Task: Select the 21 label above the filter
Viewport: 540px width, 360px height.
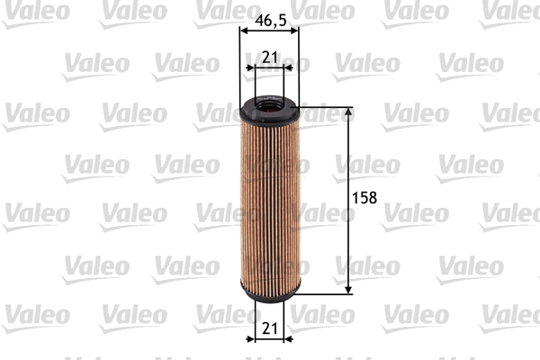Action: coord(269,58)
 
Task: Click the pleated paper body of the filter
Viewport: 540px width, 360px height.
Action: coord(269,202)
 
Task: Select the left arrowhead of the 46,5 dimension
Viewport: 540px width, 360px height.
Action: coord(244,30)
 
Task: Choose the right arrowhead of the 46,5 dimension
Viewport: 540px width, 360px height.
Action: coord(294,30)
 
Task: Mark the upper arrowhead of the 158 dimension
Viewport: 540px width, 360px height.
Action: coord(348,117)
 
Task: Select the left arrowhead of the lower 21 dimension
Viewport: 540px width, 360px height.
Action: coord(252,340)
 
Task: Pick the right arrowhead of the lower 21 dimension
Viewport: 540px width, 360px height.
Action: coord(286,340)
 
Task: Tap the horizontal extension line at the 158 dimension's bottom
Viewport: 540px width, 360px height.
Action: coord(324,292)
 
